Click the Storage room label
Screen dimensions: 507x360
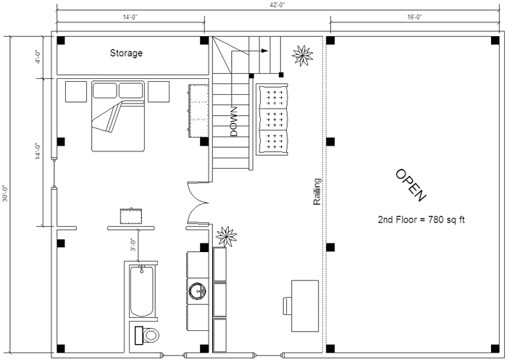[126, 53]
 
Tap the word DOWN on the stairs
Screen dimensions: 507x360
[234, 121]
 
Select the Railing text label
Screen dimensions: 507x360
[317, 191]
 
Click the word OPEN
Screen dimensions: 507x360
[411, 185]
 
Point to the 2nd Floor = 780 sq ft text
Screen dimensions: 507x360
[421, 219]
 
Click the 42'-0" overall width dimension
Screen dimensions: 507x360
[277, 4]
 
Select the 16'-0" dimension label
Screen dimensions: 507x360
[415, 17]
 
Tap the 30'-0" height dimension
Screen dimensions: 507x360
[5, 193]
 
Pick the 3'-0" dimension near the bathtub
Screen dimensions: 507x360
[133, 245]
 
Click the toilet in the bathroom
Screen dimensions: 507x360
[147, 335]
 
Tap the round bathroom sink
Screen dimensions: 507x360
[197, 291]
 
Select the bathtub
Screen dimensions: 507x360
[142, 291]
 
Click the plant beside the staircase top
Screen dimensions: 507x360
[302, 55]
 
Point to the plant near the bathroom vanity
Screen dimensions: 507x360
[226, 236]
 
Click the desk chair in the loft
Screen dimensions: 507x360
[287, 306]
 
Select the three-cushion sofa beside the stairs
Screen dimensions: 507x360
[272, 120]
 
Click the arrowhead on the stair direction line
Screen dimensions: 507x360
[265, 51]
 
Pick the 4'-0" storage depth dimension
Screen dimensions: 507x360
[38, 57]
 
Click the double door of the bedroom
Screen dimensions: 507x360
[198, 203]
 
